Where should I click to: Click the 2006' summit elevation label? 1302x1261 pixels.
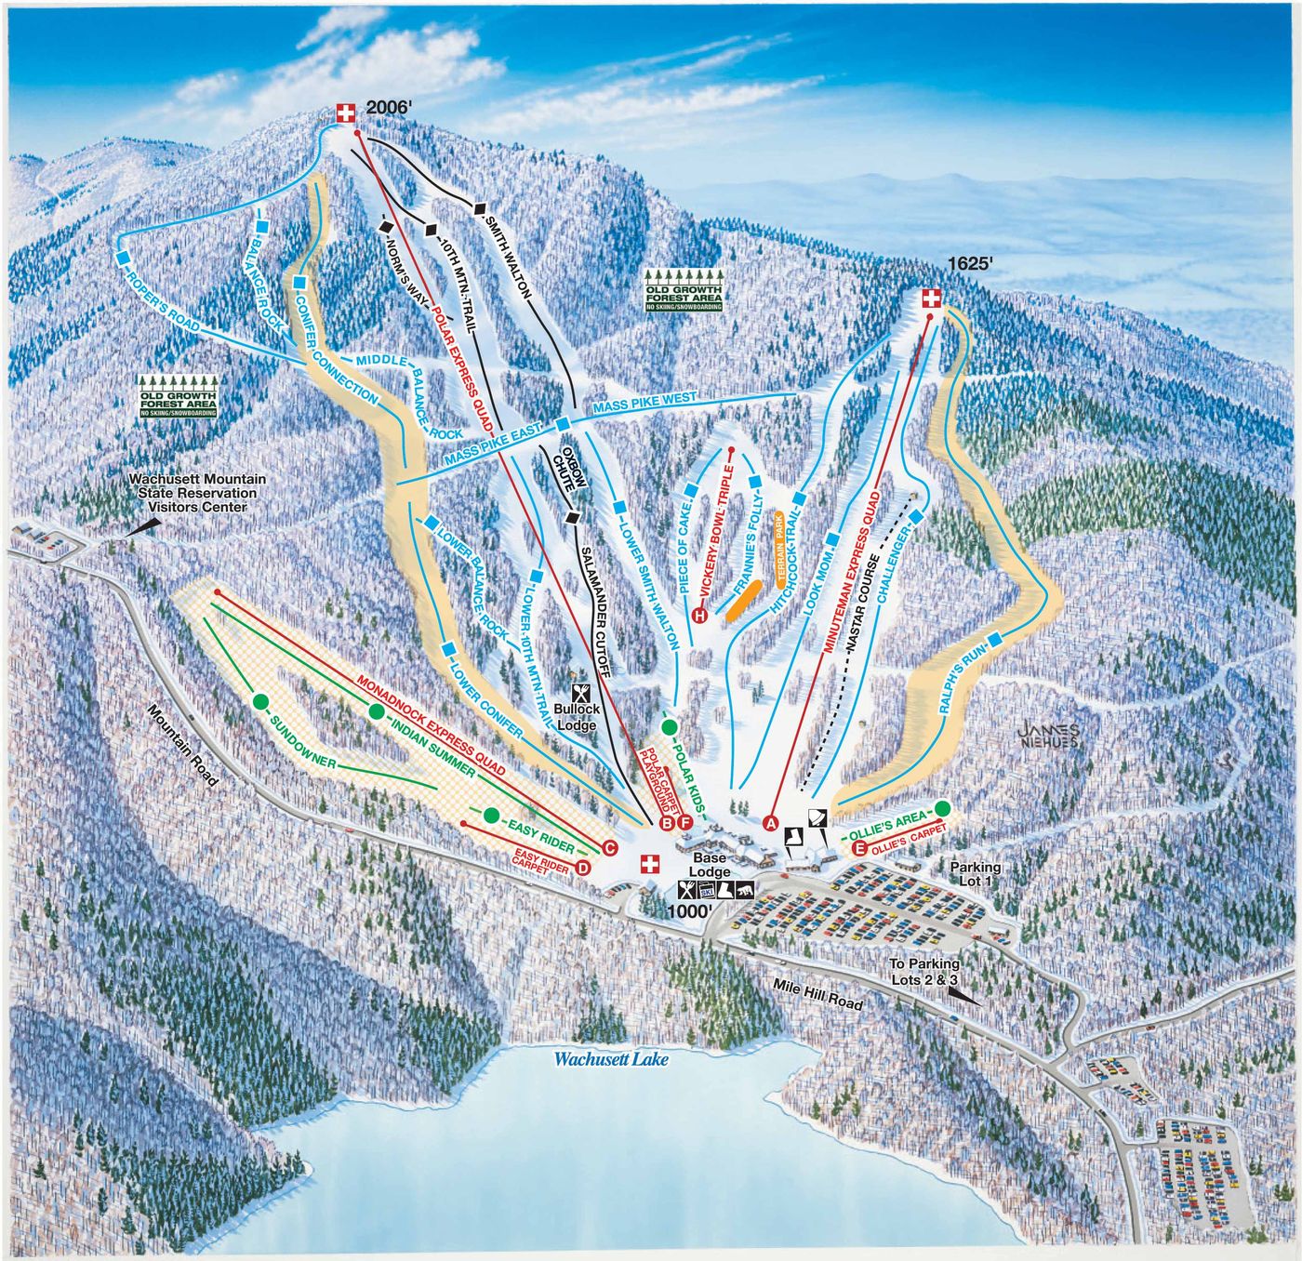389,108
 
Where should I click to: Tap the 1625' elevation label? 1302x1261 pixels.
971,264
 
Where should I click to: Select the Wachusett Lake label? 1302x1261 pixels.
611,1058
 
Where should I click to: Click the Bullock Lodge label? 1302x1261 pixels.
577,717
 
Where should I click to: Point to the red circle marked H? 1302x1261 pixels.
699,614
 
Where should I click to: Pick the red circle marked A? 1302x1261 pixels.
770,822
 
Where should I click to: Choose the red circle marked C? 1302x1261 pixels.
610,847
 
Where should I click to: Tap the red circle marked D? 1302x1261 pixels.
583,868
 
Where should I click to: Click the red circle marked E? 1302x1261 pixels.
859,847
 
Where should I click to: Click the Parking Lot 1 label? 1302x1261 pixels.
976,874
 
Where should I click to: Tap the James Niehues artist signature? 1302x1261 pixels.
1048,736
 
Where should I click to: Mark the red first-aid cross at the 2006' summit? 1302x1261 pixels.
346,113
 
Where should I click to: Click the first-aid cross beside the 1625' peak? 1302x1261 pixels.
931,299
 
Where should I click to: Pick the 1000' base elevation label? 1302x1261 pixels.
689,912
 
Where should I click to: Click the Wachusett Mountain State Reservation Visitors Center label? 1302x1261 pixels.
197,493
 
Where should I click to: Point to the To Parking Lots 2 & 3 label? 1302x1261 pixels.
923,972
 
